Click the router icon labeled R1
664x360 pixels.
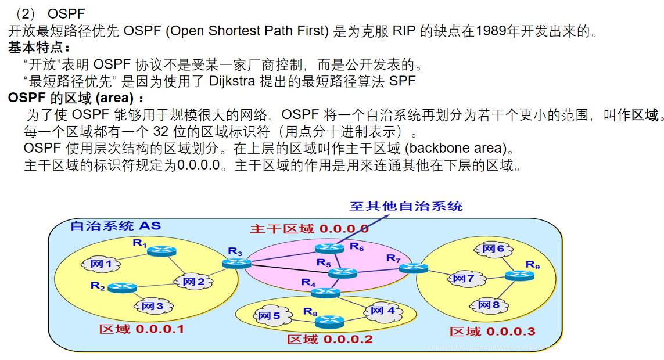pos(158,251)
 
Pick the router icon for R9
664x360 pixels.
pos(519,276)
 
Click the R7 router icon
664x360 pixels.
pos(414,268)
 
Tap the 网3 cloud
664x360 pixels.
pos(152,305)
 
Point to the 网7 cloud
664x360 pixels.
pos(463,279)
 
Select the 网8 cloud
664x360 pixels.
pos(488,304)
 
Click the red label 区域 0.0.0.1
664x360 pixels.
pos(141,329)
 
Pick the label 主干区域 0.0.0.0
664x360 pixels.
pos(309,229)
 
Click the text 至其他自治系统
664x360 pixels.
pos(405,206)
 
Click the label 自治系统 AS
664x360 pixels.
pos(115,226)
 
